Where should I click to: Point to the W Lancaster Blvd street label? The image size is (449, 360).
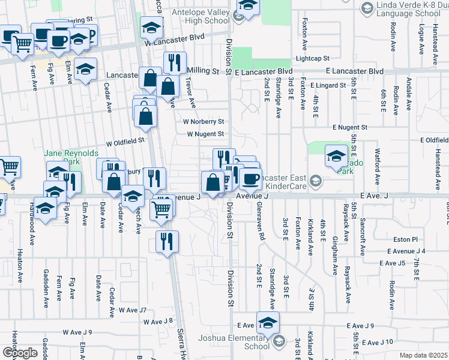click(173, 36)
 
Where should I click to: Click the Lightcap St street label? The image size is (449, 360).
click(312, 59)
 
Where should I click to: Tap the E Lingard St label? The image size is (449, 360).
click(328, 85)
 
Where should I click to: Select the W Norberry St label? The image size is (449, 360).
click(203, 121)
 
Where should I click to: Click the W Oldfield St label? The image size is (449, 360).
click(125, 142)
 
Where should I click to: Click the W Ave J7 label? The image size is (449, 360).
click(132, 310)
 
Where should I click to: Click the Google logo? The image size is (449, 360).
click(20, 353)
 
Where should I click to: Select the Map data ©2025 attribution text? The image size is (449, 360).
click(423, 355)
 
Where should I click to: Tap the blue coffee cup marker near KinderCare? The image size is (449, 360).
click(250, 178)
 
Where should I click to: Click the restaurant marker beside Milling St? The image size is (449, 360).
click(175, 62)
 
